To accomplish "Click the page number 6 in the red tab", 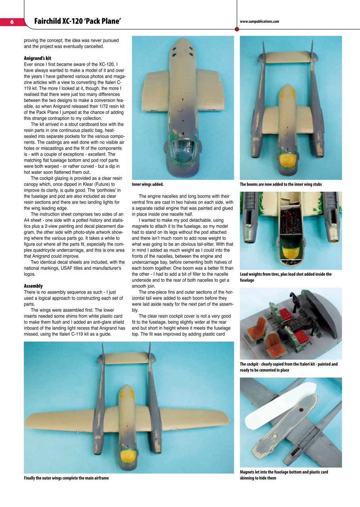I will [11, 22].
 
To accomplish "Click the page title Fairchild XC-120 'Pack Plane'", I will [77, 21].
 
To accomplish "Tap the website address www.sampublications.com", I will [259, 22].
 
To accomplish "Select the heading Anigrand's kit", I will [38, 58].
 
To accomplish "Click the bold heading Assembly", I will [33, 286].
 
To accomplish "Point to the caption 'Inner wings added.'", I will [147, 184].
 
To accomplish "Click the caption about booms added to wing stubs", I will [281, 184].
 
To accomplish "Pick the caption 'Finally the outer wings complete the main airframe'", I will [66, 478].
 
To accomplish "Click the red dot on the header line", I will [237, 29].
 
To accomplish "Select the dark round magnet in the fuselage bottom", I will [301, 411].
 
